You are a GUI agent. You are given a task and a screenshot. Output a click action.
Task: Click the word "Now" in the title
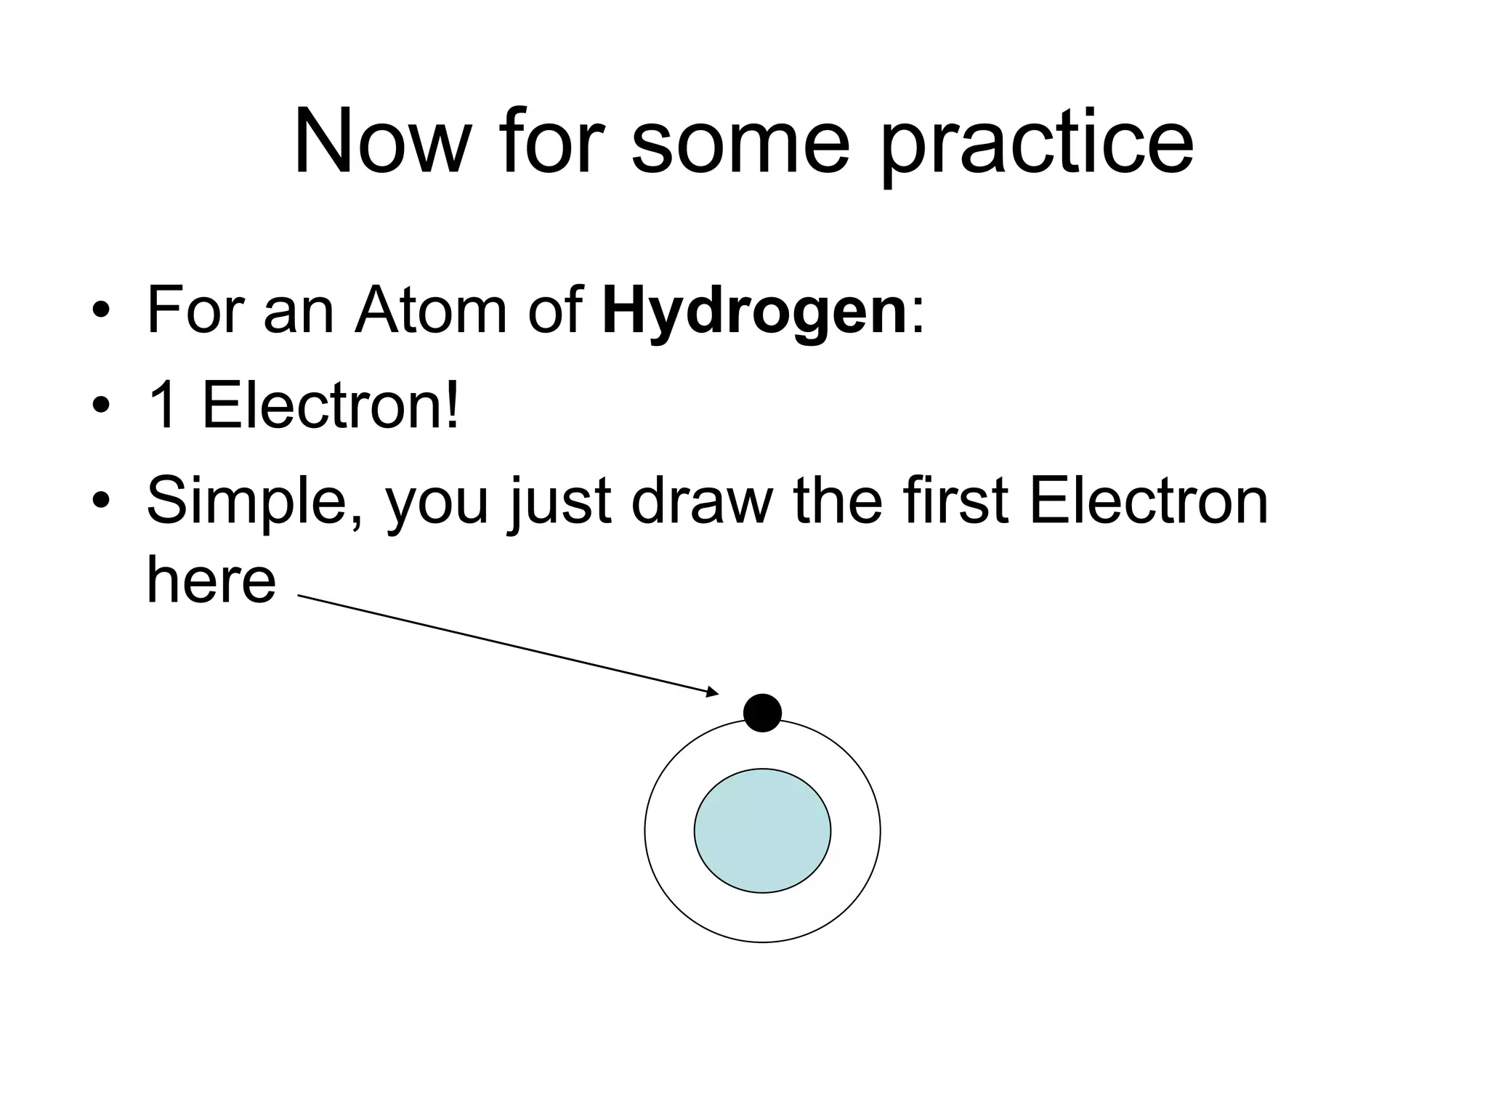pos(382,142)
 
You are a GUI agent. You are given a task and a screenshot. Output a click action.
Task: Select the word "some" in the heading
pos(740,142)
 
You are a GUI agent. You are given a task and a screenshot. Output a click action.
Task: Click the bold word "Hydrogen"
pos(754,312)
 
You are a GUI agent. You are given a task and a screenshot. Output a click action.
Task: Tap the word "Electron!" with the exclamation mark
pos(331,406)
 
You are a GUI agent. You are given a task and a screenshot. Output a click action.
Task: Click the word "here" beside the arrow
pos(211,582)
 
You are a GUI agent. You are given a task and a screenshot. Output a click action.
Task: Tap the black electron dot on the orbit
pos(762,713)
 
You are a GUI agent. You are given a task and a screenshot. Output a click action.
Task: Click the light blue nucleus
pos(762,830)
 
